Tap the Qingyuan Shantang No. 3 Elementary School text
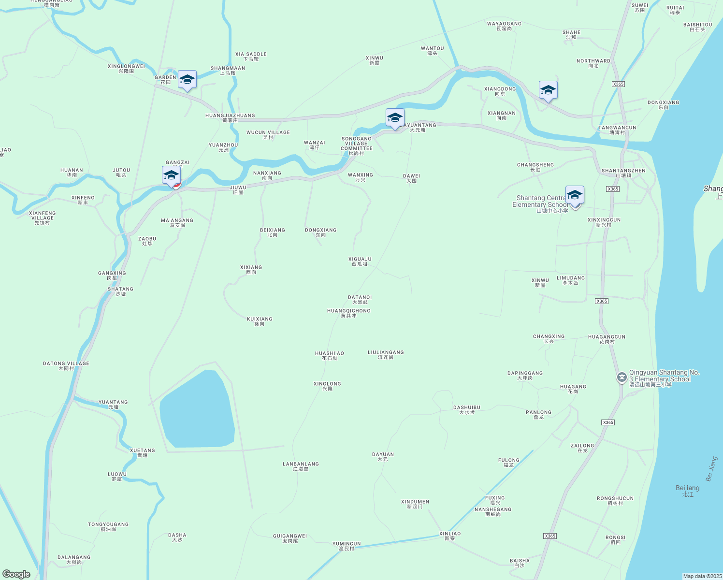coord(664,376)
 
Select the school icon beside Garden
coord(187,80)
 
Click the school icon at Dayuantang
coord(395,118)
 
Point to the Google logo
coord(16,574)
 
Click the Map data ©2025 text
coord(702,576)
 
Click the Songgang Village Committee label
coord(357,144)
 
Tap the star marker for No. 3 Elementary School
coord(622,377)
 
